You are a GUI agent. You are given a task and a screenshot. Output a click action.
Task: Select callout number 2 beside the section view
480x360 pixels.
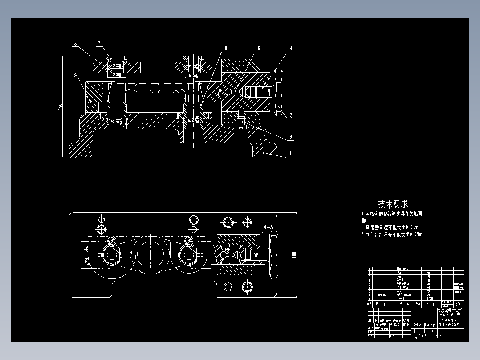[291, 138]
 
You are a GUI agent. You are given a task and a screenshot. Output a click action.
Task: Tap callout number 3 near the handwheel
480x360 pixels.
[291, 116]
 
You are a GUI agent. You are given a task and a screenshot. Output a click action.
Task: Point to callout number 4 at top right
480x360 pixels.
[291, 48]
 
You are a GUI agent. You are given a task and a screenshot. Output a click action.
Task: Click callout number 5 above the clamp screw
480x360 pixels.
[258, 48]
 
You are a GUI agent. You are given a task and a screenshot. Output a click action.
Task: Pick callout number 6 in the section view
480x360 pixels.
[226, 48]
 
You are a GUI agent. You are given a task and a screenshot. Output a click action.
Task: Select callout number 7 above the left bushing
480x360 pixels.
[98, 43]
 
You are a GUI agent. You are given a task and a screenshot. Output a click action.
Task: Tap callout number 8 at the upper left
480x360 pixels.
[76, 44]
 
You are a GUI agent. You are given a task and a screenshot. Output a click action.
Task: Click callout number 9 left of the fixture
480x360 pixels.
[76, 75]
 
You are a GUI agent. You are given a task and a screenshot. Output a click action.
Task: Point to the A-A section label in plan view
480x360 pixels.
[268, 227]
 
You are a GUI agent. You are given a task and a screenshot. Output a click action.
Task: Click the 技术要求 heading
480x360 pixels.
[393, 204]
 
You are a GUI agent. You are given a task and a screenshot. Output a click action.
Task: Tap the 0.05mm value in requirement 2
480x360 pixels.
[413, 234]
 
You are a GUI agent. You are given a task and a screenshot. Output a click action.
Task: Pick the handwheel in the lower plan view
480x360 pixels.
[273, 255]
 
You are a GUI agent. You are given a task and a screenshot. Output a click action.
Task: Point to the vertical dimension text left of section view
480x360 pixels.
[60, 107]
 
